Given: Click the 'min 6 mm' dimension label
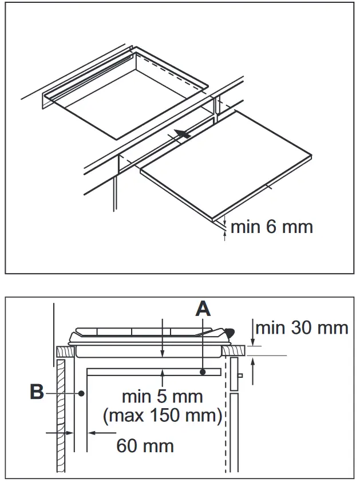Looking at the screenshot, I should pos(271,227).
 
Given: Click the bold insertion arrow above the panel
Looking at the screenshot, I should pos(181,135).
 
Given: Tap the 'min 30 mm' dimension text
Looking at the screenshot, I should pos(302,327).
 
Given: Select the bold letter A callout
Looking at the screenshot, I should pos(203,309).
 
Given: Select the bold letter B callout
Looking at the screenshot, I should pos(37,393).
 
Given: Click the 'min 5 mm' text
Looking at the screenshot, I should pos(162,396).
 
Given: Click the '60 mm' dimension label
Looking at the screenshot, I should pos(145,445).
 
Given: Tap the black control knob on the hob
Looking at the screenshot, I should pos(230,331).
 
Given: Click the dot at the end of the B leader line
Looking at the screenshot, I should pos(83,393).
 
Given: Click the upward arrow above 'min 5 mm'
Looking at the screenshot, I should pos(163,376).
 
